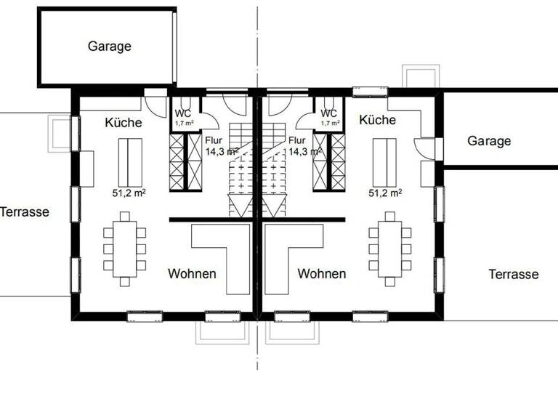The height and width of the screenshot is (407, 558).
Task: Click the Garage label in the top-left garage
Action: pos(110,47)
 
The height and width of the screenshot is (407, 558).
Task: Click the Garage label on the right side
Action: pos(489,141)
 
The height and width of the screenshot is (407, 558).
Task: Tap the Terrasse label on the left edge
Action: pos(25,212)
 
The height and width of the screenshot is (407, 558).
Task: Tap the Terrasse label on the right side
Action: pos(514,274)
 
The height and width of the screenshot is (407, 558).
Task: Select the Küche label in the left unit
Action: pos(123,122)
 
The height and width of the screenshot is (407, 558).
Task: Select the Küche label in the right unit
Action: pos(377,120)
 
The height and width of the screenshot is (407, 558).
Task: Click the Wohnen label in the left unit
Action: pos(192,274)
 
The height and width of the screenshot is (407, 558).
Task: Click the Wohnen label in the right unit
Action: pos(321,274)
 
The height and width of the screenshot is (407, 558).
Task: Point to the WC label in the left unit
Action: pos(182,113)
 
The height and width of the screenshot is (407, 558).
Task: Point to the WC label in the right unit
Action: pos(329,113)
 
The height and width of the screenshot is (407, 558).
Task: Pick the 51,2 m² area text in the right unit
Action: pos(386,193)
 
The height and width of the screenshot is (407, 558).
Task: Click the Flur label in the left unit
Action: pos(214,141)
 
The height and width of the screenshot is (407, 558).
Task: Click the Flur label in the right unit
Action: pos(297,141)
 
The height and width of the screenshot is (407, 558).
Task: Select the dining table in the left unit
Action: pos(126,248)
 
